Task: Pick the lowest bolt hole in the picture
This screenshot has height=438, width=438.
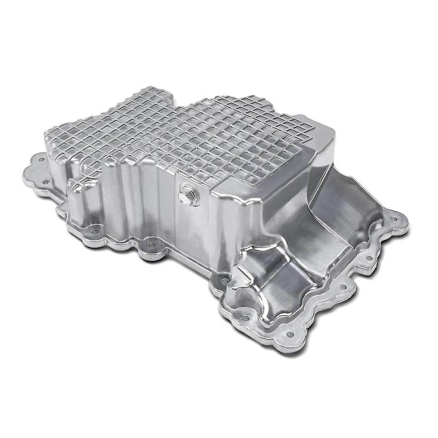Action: click(291, 333)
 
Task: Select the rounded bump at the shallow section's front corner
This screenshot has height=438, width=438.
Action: click(243, 265)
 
